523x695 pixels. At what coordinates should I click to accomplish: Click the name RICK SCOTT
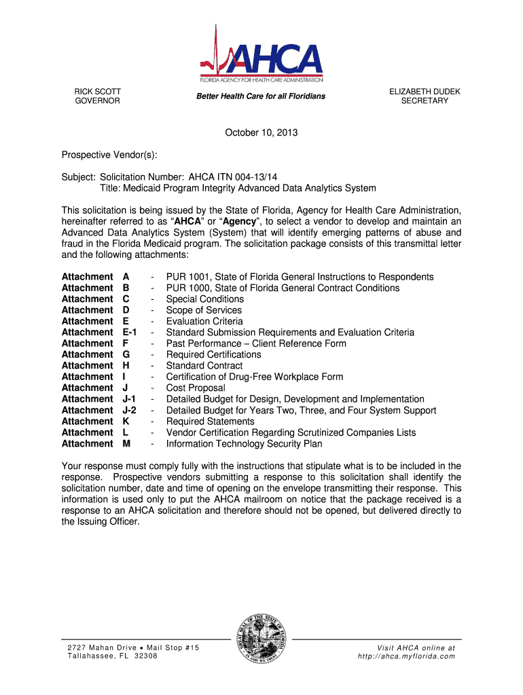point(97,91)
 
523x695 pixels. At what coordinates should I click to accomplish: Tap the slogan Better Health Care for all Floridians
point(261,96)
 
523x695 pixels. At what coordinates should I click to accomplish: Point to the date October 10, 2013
point(261,133)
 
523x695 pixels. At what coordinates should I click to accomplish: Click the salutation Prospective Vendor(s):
point(109,155)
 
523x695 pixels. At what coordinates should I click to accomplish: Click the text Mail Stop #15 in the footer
point(168,647)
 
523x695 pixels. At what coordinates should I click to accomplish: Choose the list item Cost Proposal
point(196,388)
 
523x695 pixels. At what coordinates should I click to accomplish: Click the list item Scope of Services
point(204,310)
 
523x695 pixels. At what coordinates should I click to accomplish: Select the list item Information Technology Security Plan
point(244,444)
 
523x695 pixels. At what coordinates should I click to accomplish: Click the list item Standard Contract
point(204,366)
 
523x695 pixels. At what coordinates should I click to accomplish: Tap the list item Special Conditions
point(204,299)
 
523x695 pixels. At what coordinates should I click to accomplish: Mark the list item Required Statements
point(210,421)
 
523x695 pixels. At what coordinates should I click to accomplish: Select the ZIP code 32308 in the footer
point(146,656)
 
